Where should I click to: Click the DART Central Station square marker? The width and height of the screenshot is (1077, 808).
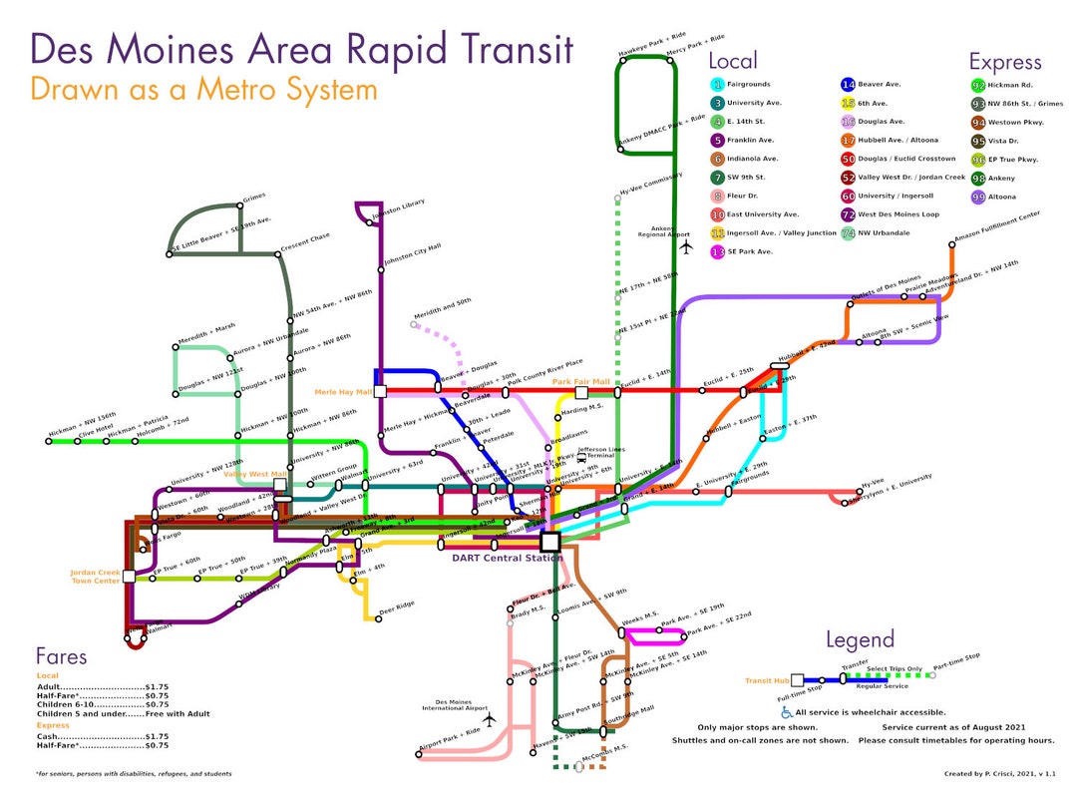tap(549, 542)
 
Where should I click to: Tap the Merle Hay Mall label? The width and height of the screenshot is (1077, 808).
tap(343, 392)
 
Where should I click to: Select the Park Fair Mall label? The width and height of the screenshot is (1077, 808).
tap(580, 381)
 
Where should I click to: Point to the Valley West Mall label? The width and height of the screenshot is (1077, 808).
tap(255, 474)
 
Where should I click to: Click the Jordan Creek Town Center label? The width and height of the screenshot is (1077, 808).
tap(95, 577)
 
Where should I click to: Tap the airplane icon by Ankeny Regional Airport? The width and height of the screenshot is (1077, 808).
tap(685, 244)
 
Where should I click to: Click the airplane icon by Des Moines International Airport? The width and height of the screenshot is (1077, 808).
tap(489, 717)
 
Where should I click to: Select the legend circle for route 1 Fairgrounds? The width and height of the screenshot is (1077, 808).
tap(717, 85)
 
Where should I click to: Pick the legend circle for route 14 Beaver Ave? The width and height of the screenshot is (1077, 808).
tap(848, 85)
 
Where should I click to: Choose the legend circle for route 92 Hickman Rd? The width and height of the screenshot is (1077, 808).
tap(978, 85)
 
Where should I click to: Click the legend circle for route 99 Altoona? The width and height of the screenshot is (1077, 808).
tap(978, 197)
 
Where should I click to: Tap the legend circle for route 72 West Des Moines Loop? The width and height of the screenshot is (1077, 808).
tap(848, 214)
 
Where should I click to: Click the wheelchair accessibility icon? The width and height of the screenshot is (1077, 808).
tap(787, 712)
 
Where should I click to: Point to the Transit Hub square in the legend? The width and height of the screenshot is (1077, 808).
tap(797, 680)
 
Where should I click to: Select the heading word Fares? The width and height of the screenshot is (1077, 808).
tap(62, 656)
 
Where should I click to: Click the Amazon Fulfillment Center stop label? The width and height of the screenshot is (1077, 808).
tap(996, 226)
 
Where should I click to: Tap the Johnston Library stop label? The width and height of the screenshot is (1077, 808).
tap(398, 209)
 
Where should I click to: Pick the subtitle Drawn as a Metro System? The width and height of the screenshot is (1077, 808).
tap(204, 90)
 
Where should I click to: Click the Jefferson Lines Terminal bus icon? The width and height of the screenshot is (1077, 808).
tap(581, 458)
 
